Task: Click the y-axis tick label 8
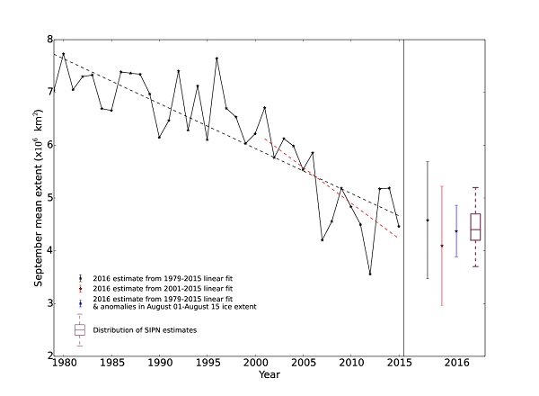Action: pos(47,40)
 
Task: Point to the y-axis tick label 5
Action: pos(47,198)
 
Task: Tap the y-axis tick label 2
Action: pos(47,356)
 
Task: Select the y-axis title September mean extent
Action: pos(39,198)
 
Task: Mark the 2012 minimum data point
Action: pos(370,274)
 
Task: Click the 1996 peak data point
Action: pos(216,58)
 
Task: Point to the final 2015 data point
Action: pos(399,226)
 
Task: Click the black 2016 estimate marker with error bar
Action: pos(428,220)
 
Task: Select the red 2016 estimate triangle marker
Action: pos(441,246)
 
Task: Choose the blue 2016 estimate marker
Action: pos(456,231)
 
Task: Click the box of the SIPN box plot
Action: pos(475,227)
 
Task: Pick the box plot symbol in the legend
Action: pos(80,330)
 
